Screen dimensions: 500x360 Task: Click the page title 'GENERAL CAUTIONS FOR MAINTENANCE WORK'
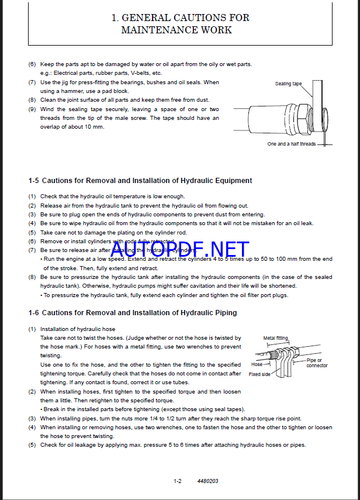click(x=180, y=23)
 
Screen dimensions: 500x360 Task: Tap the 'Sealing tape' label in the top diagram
click(x=288, y=84)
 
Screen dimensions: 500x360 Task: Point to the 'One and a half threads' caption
click(x=291, y=144)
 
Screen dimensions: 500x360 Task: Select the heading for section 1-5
click(x=140, y=181)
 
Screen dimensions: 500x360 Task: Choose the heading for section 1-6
click(x=133, y=313)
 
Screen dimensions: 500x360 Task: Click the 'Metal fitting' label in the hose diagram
click(x=275, y=338)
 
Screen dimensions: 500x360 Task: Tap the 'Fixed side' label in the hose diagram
click(x=258, y=374)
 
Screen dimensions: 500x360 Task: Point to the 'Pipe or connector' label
click(x=317, y=363)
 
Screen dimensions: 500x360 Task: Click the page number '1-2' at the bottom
click(x=178, y=481)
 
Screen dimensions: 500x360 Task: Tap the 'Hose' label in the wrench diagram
click(x=257, y=364)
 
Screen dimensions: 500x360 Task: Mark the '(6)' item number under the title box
click(x=32, y=64)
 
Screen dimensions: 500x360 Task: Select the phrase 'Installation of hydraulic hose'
click(x=78, y=329)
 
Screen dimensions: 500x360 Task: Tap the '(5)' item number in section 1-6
click(x=32, y=445)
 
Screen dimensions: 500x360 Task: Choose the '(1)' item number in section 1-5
click(x=32, y=196)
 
